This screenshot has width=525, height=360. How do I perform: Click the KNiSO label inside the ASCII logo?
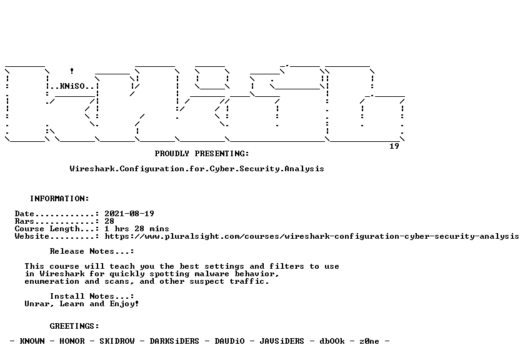pos(72,86)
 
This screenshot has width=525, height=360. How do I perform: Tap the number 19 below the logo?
pos(394,146)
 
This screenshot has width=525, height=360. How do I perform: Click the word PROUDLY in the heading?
pos(172,154)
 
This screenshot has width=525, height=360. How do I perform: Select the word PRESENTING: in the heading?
pos(222,154)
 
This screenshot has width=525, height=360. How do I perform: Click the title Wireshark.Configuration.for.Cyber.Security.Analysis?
pos(197,169)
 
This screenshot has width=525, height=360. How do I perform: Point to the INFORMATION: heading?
pos(59,199)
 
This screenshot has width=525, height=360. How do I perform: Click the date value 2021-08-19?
pos(129,214)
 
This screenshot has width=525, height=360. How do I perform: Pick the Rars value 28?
pos(109,221)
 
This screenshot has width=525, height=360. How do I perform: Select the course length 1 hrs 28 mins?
pos(137,229)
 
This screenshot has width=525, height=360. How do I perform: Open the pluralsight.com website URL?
pos(312,236)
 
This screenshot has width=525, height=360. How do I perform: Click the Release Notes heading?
pos(92,251)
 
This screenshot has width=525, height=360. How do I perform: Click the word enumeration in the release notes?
pos(52,281)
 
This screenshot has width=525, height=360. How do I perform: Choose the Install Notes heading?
pos(92,296)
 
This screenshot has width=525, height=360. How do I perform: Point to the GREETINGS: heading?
pos(74,326)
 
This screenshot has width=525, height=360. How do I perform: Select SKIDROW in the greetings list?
pos(117,341)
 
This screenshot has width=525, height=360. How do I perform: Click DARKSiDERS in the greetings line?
pos(174,341)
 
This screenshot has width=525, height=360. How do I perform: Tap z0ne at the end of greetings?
pos(369,341)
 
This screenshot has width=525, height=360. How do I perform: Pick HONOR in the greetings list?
pos(72,341)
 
